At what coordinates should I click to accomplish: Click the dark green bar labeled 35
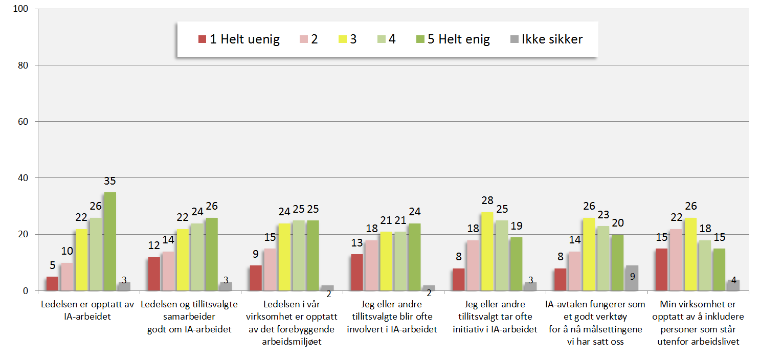(110, 241)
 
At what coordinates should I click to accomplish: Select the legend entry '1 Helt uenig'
(239, 39)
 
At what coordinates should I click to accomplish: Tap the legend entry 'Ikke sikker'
(546, 39)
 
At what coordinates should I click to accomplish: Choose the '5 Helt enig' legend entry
(452, 39)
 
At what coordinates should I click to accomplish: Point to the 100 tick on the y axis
(23, 10)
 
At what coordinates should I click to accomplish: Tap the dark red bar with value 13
(357, 272)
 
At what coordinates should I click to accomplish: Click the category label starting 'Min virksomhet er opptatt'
(699, 323)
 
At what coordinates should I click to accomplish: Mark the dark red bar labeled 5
(52, 283)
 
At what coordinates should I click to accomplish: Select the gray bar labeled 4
(733, 285)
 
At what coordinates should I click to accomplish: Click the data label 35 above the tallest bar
(110, 181)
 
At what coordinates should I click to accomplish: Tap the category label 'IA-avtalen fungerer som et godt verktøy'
(596, 323)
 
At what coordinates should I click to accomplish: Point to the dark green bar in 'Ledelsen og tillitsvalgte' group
(212, 254)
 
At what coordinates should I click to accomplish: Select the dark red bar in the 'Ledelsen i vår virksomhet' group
(256, 278)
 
